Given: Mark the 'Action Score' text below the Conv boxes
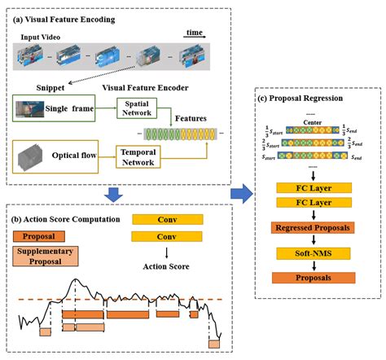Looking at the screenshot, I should coord(160,266).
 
